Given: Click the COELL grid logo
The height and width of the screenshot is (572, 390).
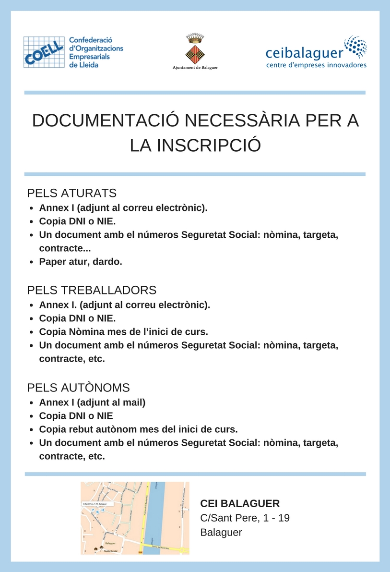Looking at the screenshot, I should tap(44, 52).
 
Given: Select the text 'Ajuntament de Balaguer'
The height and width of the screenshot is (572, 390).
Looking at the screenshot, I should tap(195, 68).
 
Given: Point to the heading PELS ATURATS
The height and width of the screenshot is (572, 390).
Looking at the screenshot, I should tap(72, 193).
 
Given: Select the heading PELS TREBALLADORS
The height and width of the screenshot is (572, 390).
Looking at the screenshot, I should tap(92, 290).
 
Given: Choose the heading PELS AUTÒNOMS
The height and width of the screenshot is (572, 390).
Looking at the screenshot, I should tap(79, 388).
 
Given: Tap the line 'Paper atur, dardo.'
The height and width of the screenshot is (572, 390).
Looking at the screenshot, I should tap(81, 262).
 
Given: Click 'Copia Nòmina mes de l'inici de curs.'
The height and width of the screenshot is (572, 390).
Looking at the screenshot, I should tap(123, 332).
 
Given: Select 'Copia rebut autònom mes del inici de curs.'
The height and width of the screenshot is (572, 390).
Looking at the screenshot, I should tap(138, 429).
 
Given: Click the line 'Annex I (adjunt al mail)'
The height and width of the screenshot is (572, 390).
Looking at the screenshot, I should tap(92, 402).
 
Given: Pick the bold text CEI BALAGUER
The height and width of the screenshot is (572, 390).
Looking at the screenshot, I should tap(240, 503).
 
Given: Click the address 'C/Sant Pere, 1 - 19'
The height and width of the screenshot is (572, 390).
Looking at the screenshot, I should tap(245, 518).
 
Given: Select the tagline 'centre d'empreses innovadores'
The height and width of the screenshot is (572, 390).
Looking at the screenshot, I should tap(316, 65).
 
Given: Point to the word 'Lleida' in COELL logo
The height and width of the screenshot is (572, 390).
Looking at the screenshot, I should tap(87, 64).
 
